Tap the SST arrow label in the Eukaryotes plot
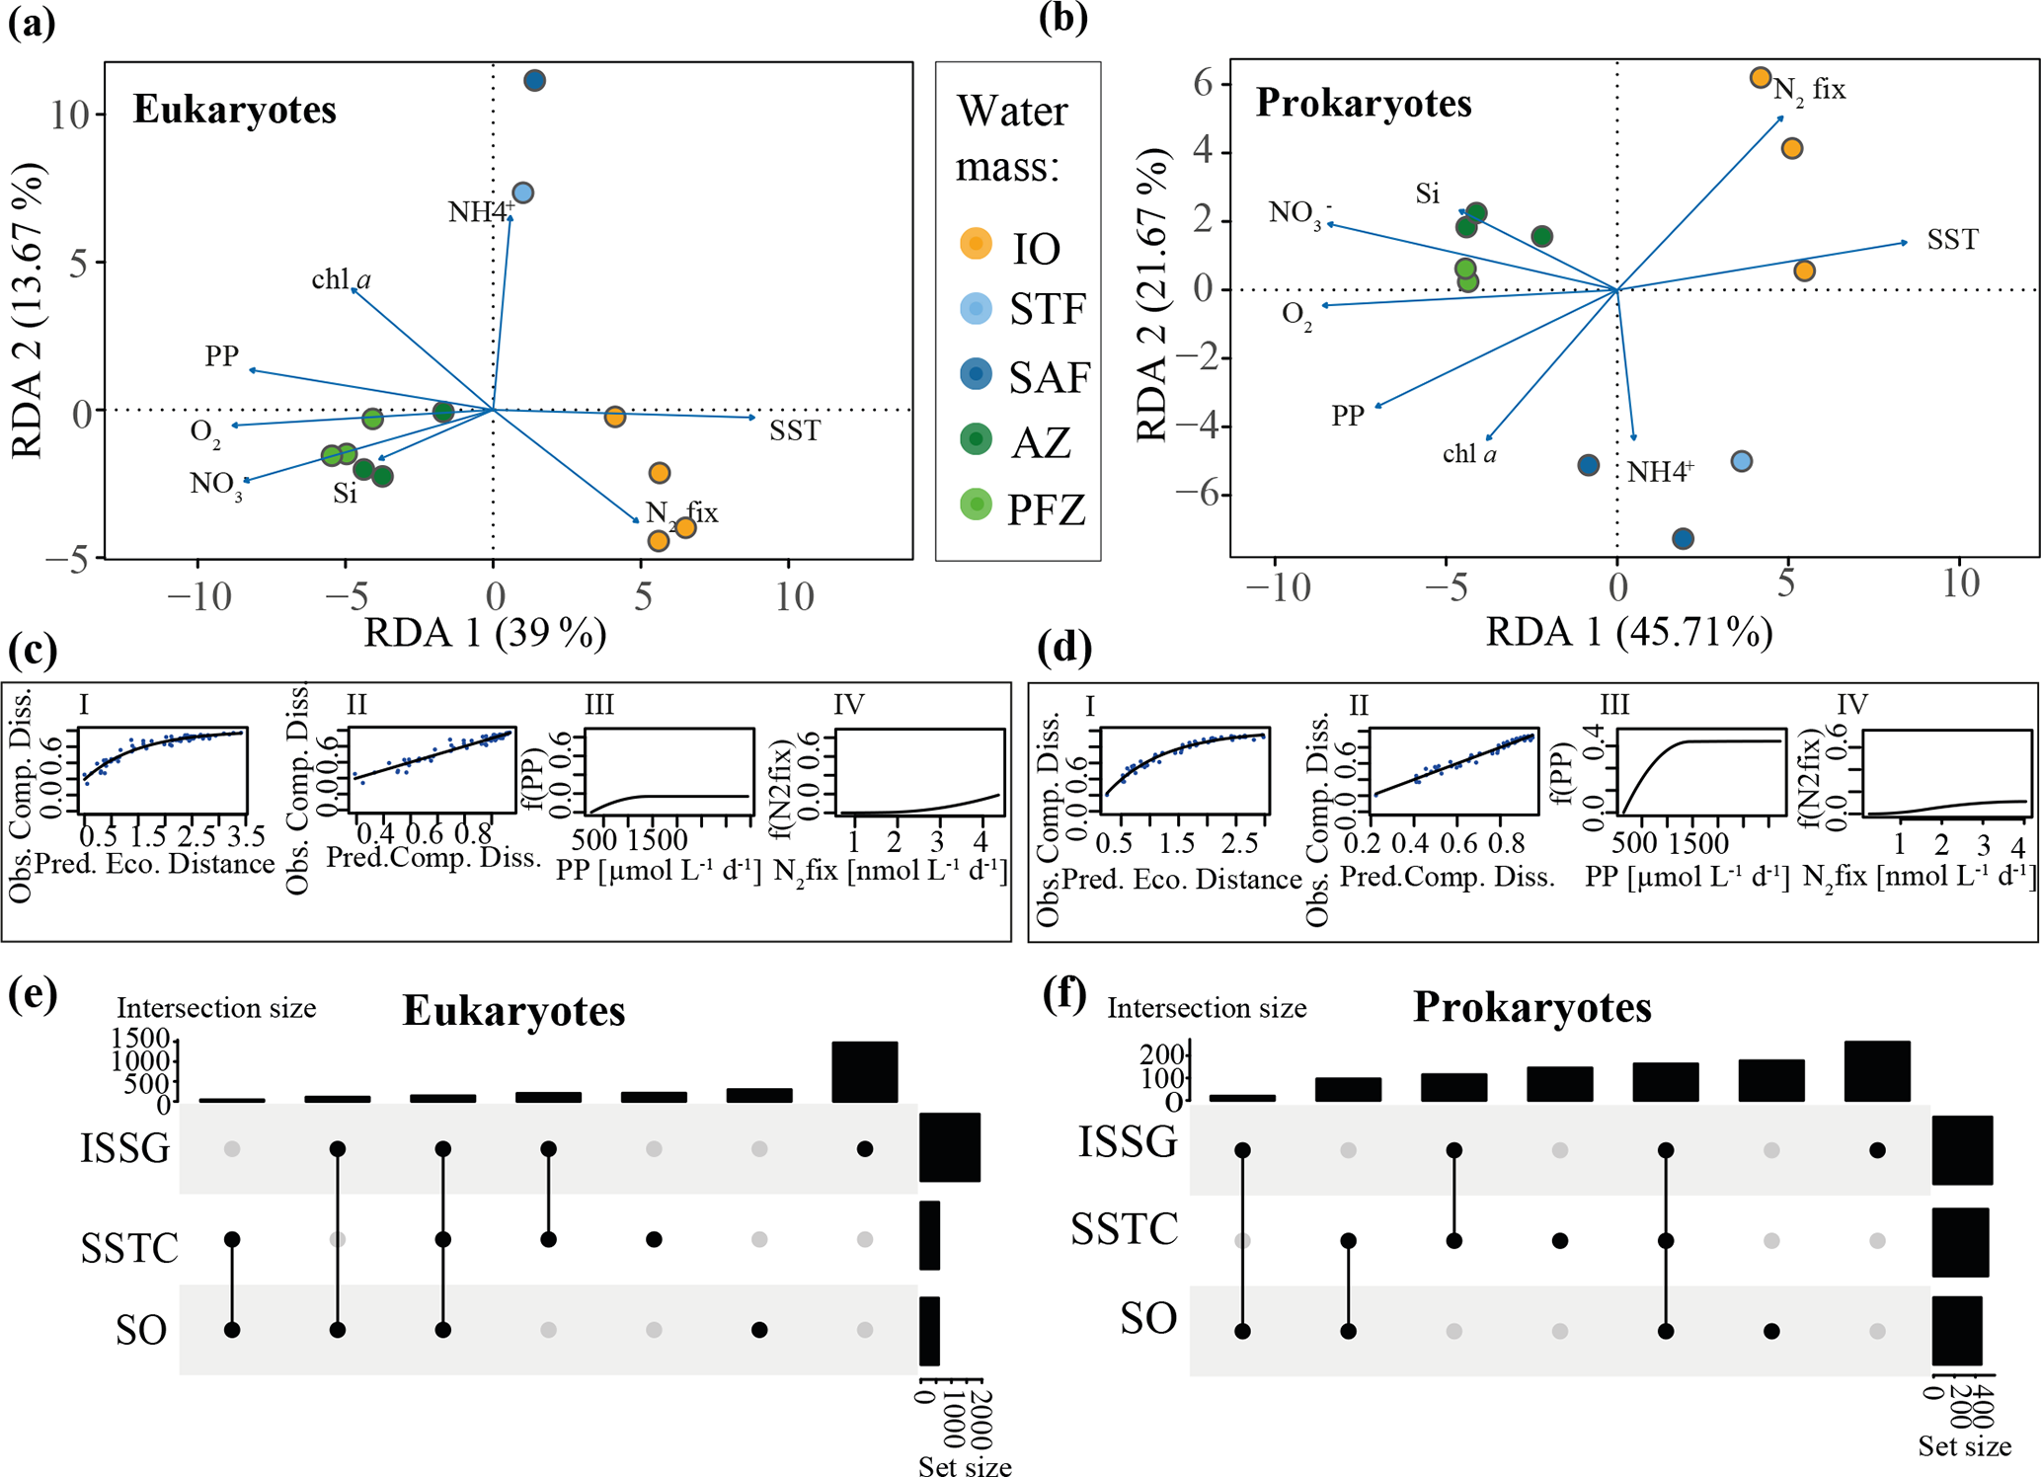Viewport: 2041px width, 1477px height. coord(795,430)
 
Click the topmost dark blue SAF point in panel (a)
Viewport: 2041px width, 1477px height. coord(534,81)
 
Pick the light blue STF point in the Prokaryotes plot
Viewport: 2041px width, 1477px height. coord(1742,461)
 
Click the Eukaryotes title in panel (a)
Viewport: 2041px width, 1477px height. coord(235,110)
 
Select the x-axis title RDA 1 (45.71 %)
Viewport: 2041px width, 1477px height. coord(1629,633)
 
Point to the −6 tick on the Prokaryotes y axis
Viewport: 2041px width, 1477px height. coord(1192,495)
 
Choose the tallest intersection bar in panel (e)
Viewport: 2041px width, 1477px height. coord(865,1071)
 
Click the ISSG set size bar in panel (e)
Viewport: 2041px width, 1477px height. coord(950,1147)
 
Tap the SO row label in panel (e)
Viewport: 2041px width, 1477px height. coord(141,1331)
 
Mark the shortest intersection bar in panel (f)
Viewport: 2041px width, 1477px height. coord(1242,1097)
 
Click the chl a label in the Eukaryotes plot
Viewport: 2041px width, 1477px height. coord(341,280)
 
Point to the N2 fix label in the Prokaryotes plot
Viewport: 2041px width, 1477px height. coord(1809,90)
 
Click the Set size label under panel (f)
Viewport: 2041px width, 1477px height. coord(1964,1446)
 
